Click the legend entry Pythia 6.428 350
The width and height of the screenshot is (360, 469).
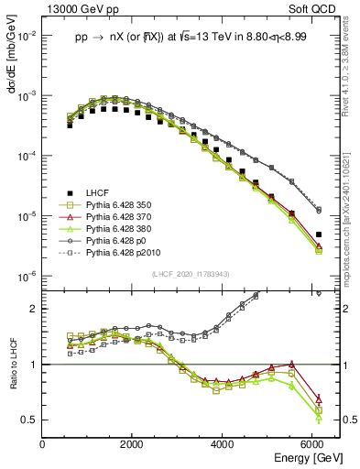pyautogui.click(x=123, y=204)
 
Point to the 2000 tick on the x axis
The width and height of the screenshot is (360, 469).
pyautogui.click(x=132, y=442)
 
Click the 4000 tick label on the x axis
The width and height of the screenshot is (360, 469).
pyautogui.click(x=222, y=442)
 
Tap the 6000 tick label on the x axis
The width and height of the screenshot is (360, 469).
pyautogui.click(x=311, y=442)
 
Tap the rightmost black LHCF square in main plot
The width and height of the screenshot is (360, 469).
pyautogui.click(x=318, y=234)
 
